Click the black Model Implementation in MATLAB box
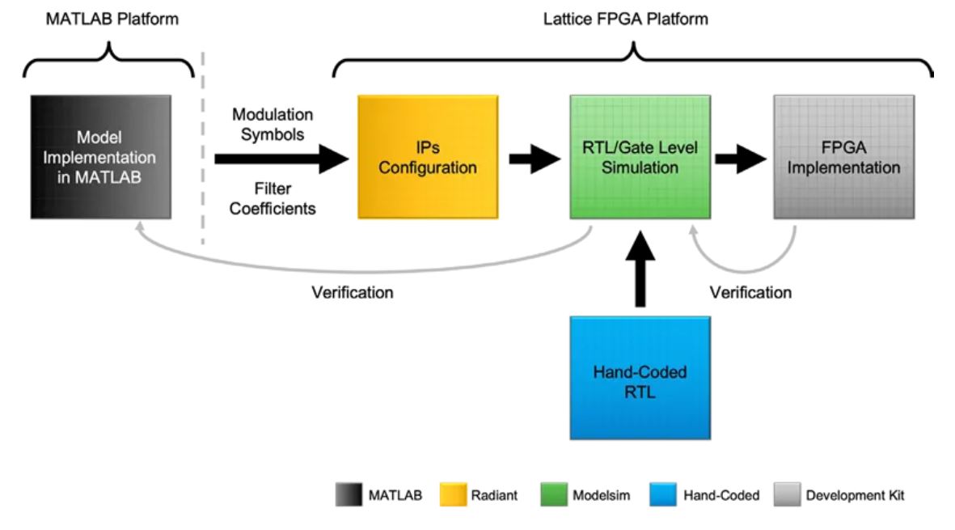101,156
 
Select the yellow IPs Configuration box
428,156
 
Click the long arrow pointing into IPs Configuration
279,159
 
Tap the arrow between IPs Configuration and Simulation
534,159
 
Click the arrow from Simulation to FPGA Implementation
740,159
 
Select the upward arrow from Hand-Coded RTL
640,267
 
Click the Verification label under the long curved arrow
353,292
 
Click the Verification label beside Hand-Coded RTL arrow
750,292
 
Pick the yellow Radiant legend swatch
454,494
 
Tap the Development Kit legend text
855,494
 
